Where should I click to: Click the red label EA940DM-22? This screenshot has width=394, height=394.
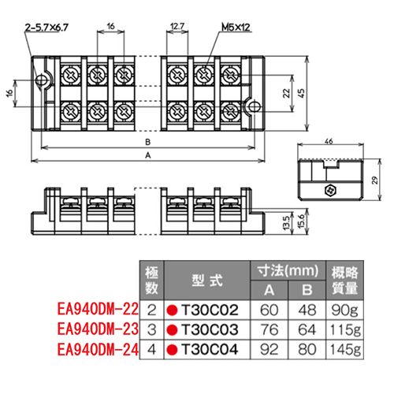pyautogui.click(x=98, y=309)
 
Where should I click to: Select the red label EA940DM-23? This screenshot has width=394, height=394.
pyautogui.click(x=98, y=329)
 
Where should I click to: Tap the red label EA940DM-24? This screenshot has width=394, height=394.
pyautogui.click(x=98, y=349)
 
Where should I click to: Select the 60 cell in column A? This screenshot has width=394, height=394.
pyautogui.click(x=269, y=310)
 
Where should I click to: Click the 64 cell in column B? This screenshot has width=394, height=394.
pyautogui.click(x=307, y=329)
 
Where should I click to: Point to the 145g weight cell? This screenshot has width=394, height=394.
pyautogui.click(x=345, y=350)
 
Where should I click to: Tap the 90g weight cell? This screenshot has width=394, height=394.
pyautogui.click(x=344, y=310)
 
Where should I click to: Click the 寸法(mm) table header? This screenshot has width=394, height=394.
pyautogui.click(x=288, y=270)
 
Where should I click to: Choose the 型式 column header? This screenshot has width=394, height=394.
pyautogui.click(x=207, y=281)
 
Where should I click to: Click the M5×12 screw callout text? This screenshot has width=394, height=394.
pyautogui.click(x=236, y=27)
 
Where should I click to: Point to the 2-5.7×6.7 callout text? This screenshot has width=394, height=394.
pyautogui.click(x=46, y=27)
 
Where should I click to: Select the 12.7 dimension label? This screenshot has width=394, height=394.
pyautogui.click(x=177, y=26)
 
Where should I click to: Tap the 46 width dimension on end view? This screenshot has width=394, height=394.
pyautogui.click(x=329, y=141)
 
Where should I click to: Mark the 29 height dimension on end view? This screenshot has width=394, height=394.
pyautogui.click(x=375, y=180)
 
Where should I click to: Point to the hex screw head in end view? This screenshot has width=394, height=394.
pyautogui.click(x=331, y=191)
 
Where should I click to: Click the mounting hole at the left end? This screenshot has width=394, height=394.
pyautogui.click(x=42, y=80)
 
